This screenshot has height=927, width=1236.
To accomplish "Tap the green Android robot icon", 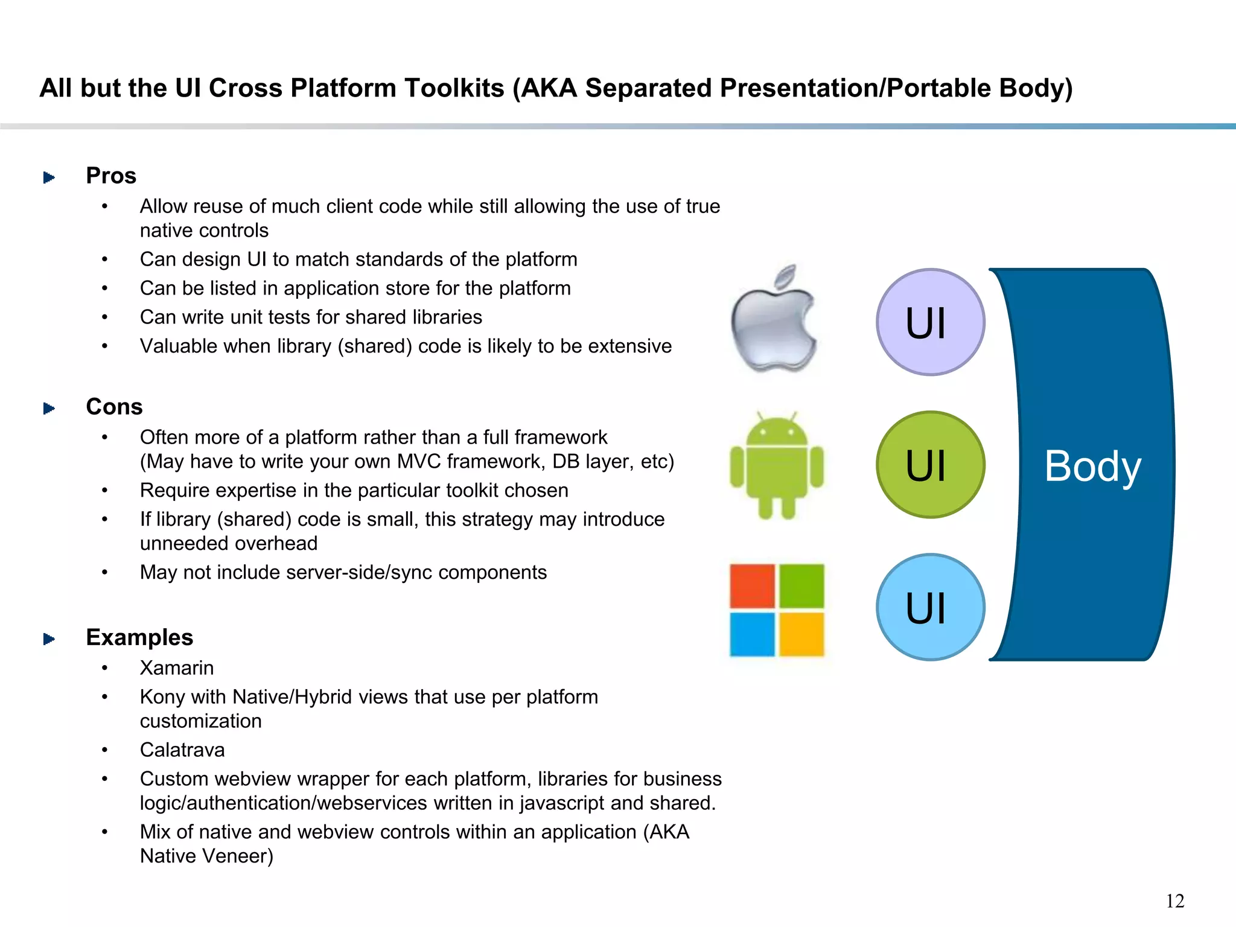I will pyautogui.click(x=777, y=465).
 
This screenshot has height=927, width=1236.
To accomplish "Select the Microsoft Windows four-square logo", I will pyautogui.click(x=777, y=610).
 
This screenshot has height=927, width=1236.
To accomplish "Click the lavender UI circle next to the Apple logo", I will pyautogui.click(x=930, y=322).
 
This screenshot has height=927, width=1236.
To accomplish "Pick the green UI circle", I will pyautogui.click(x=930, y=465).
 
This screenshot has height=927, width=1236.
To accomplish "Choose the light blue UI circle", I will pyautogui.click(x=930, y=607).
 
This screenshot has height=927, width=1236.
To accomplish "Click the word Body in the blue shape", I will pyautogui.click(x=1092, y=466).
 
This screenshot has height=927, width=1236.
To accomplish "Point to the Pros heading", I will pyautogui.click(x=111, y=176).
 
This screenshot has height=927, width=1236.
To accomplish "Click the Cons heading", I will pyautogui.click(x=114, y=407).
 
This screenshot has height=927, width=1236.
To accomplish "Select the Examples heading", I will pyautogui.click(x=139, y=637).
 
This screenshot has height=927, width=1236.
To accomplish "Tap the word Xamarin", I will pyautogui.click(x=177, y=668).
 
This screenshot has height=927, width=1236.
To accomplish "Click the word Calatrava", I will pyautogui.click(x=182, y=750).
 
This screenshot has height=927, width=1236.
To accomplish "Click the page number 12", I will pyautogui.click(x=1174, y=901).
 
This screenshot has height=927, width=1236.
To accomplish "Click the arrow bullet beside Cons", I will pyautogui.click(x=49, y=409).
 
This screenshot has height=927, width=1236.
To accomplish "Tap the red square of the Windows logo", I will pyautogui.click(x=752, y=586).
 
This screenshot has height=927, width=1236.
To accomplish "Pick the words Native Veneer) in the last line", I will pyautogui.click(x=206, y=856).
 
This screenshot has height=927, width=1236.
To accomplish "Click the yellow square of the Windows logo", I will pyautogui.click(x=801, y=634).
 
